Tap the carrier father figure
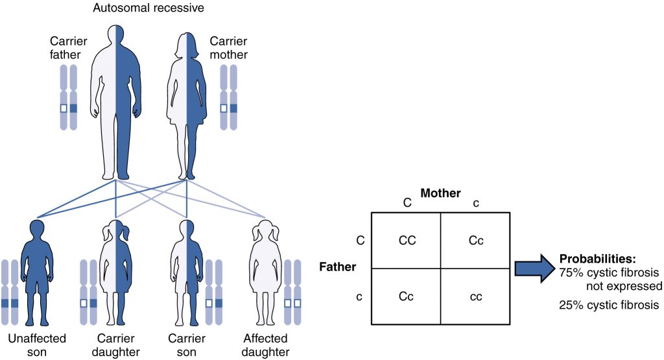click(x=115, y=97)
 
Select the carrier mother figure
click(x=187, y=97)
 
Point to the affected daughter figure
click(x=265, y=272)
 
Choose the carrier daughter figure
click(x=115, y=272)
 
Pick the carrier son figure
click(x=187, y=272)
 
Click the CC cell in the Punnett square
click(x=407, y=241)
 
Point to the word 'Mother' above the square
click(x=440, y=193)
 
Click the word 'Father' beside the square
click(x=338, y=267)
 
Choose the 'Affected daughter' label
click(x=265, y=345)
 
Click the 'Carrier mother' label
click(x=228, y=49)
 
